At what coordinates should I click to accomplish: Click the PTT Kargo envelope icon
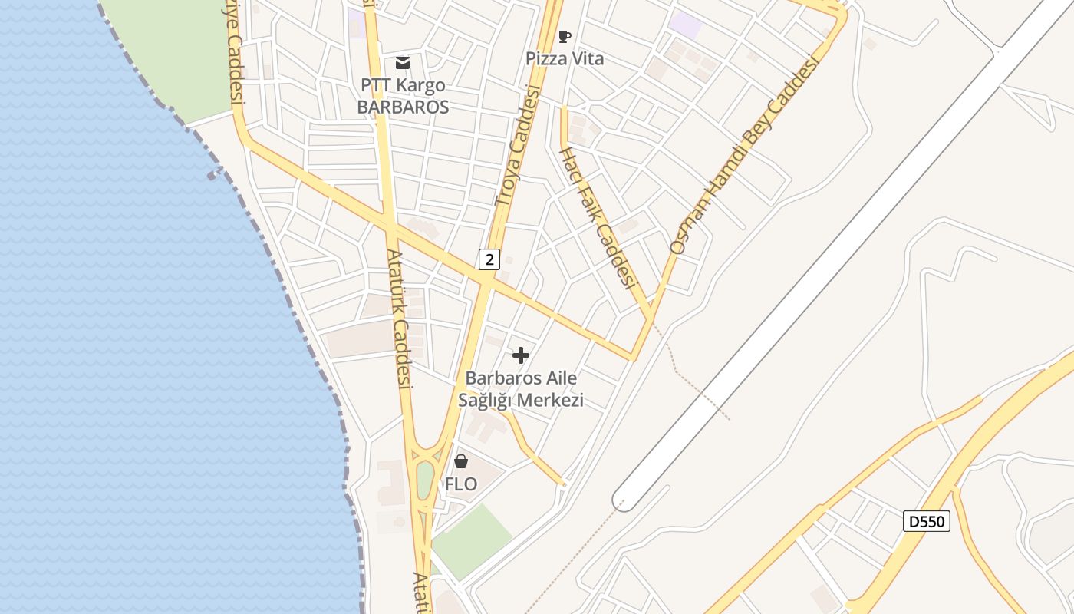coord(403,62)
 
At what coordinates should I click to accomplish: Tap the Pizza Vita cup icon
coord(565,36)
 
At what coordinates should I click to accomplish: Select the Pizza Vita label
coord(565,58)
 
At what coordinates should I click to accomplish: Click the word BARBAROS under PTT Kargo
coord(403,107)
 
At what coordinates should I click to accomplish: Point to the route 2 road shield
coord(489,259)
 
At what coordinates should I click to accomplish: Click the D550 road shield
coord(927,521)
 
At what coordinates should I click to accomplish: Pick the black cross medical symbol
coord(521,355)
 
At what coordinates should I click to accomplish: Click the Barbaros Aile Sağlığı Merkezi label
coord(521,389)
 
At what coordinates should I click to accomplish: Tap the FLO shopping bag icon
coord(461,461)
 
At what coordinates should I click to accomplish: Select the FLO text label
coord(461,484)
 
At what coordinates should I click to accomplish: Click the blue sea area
coord(115,345)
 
